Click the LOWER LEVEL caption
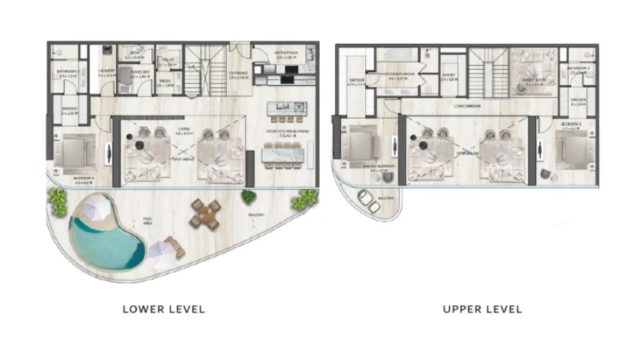click(x=163, y=309)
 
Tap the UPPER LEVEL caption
click(x=483, y=309)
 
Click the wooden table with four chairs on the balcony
click(x=205, y=214)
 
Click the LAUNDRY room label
click(x=107, y=72)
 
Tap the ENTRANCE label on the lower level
click(x=238, y=73)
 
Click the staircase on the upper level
click(x=488, y=69)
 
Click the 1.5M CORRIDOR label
click(x=468, y=106)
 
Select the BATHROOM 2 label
click(x=580, y=70)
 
